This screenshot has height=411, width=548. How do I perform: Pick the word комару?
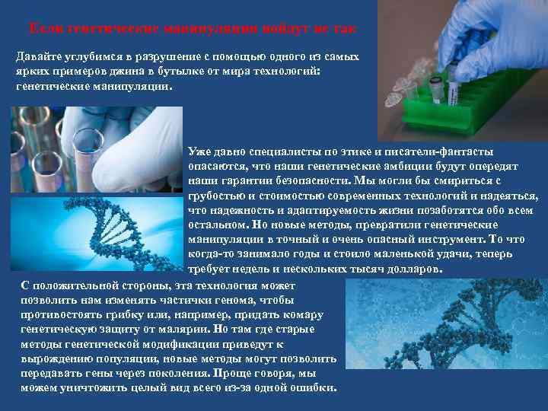tap(302, 315)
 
